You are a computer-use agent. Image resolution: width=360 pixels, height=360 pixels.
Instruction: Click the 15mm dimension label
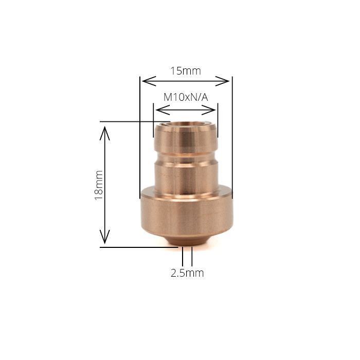pos(186,71)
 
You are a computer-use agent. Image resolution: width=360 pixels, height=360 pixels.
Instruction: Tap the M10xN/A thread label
pos(186,97)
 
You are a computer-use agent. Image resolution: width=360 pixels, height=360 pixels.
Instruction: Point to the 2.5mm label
pos(187,273)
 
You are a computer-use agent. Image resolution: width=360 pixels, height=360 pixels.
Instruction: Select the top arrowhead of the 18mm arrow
pos(105,128)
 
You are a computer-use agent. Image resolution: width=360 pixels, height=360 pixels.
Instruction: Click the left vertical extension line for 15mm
pos(140,134)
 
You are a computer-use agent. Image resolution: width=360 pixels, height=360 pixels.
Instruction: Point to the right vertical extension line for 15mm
pos(232,134)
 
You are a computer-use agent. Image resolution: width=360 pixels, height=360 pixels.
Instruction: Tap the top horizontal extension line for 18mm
pos(134,122)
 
